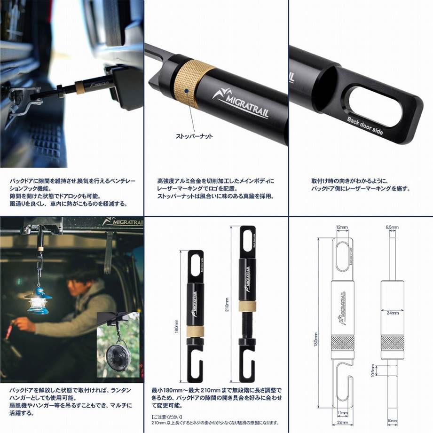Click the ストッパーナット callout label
(194, 136)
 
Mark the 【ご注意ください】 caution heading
(165, 416)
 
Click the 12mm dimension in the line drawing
(341, 228)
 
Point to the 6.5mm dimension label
(392, 228)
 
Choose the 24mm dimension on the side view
(391, 312)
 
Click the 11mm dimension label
(343, 413)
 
